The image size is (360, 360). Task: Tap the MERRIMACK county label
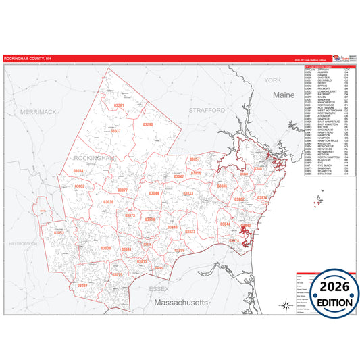[x=38, y=111]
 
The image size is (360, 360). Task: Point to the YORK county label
[x=273, y=80]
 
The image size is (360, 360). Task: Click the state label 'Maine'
[x=284, y=96]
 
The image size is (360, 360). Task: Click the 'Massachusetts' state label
[x=181, y=303]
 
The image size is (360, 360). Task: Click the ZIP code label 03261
[x=119, y=105]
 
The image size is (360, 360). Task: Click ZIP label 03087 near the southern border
[x=82, y=286]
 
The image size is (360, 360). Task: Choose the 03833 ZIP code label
[x=188, y=194]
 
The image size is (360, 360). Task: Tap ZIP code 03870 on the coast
[x=262, y=198]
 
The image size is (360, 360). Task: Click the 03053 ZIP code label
[x=59, y=233]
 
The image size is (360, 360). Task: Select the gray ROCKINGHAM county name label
[x=95, y=158]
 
